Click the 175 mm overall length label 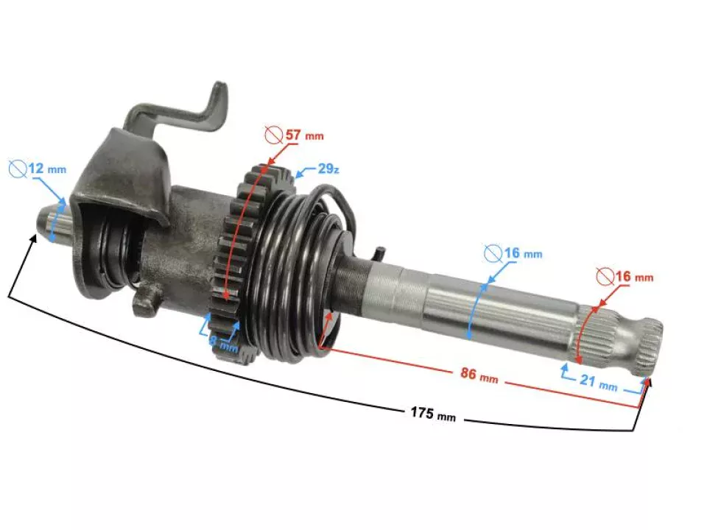[x=433, y=414]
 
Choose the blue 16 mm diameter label [x=522, y=254]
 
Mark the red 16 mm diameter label [x=633, y=278]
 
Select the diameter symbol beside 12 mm [x=18, y=169]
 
